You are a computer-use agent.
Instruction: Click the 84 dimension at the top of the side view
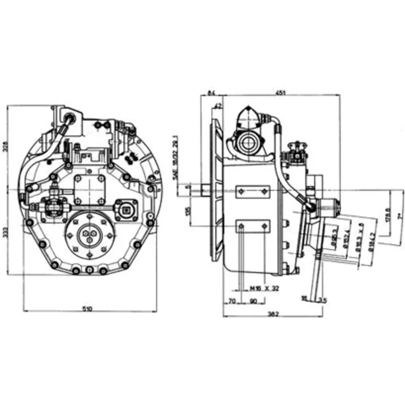(212, 92)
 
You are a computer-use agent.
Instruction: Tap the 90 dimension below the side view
(253, 301)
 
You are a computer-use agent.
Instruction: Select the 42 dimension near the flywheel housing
(218, 106)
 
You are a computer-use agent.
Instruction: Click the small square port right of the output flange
(127, 210)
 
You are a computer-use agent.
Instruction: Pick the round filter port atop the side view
(249, 142)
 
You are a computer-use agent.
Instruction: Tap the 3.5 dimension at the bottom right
(322, 301)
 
